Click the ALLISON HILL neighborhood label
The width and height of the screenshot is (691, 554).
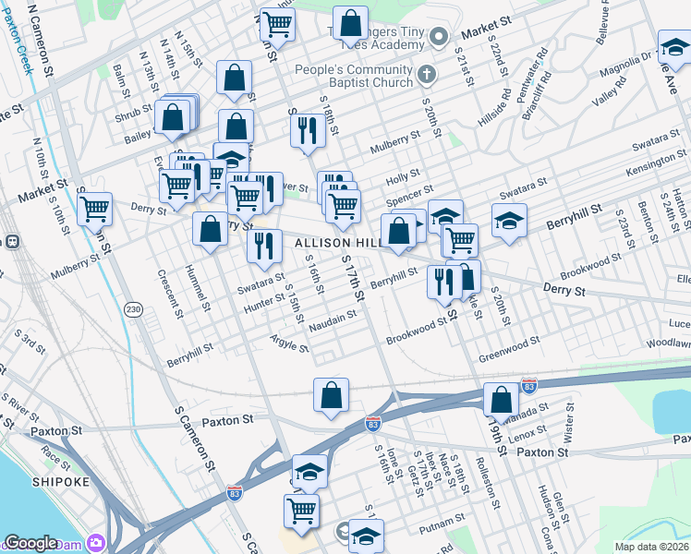pyautogui.click(x=333, y=242)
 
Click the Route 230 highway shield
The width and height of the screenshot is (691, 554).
pyautogui.click(x=136, y=310)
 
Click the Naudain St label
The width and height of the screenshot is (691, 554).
pyautogui.click(x=333, y=319)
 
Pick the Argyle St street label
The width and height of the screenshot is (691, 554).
pyautogui.click(x=290, y=345)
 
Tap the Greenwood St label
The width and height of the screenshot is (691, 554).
pyautogui.click(x=509, y=350)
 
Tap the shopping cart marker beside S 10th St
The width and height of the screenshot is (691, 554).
pyautogui.click(x=94, y=210)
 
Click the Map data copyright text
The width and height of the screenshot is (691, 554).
pyautogui.click(x=651, y=547)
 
